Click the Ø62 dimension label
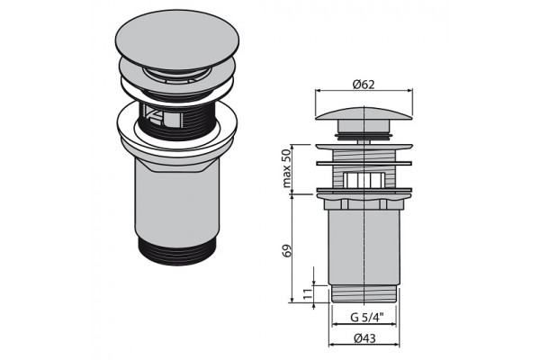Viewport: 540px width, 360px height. tap(364, 85)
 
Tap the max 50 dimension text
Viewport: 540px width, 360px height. tap(286, 169)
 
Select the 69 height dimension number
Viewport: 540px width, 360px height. tap(286, 250)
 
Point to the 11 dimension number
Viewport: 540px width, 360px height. tap(308, 293)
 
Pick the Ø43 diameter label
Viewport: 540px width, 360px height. tap(364, 338)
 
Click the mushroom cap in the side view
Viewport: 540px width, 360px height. tap(364, 114)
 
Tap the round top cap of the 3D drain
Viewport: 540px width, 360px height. tap(177, 39)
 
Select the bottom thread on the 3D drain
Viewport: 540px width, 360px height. tap(177, 251)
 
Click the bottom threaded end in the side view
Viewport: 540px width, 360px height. tap(364, 294)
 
